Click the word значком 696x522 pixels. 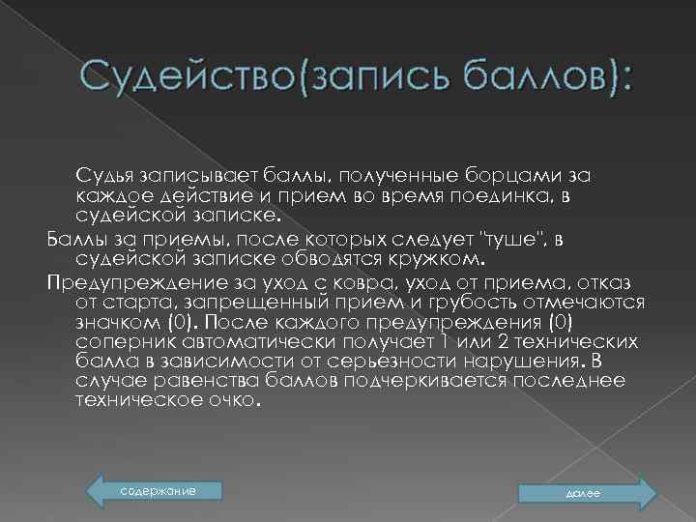click(x=115, y=323)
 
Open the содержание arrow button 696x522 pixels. click(x=155, y=492)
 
